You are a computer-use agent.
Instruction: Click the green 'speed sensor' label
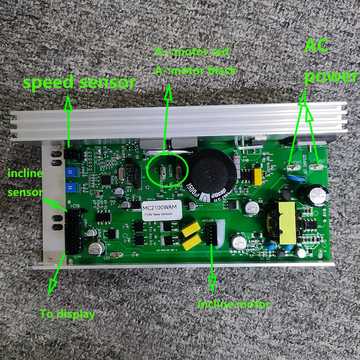tap(79, 83)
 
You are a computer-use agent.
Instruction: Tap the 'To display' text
tap(67, 314)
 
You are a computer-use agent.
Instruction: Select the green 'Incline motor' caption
tap(233, 304)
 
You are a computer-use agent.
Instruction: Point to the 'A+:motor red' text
tap(192, 52)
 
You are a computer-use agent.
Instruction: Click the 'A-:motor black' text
tap(195, 70)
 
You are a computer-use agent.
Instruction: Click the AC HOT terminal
tap(317, 167)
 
